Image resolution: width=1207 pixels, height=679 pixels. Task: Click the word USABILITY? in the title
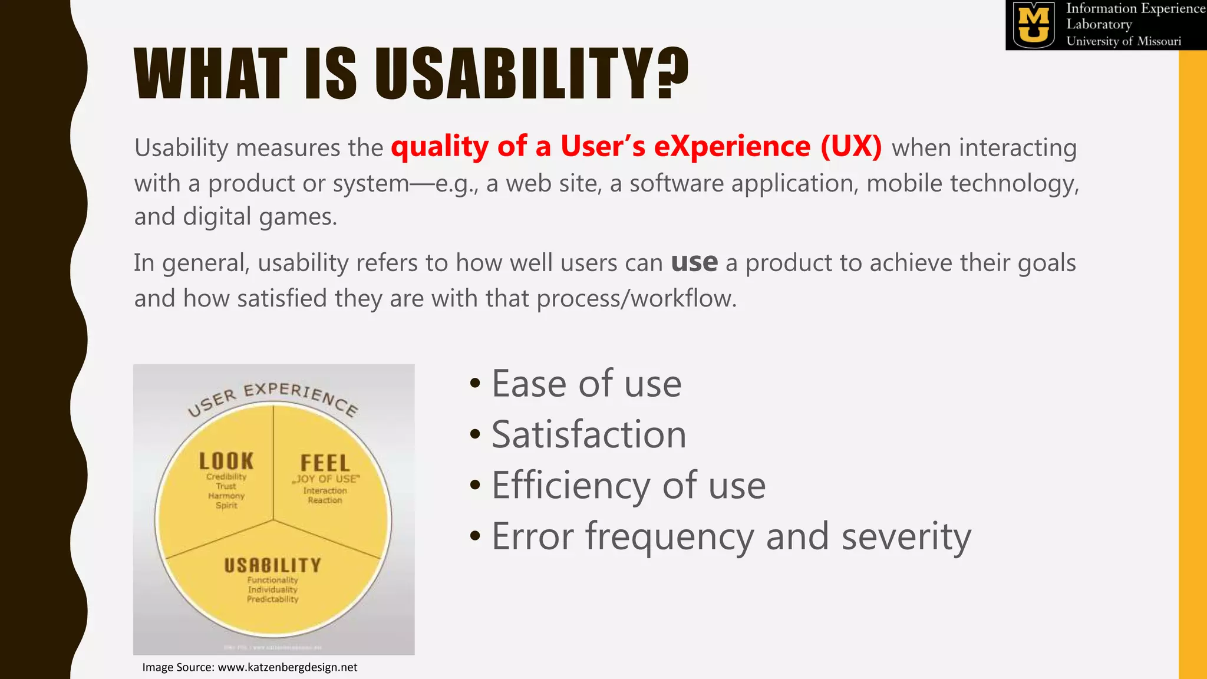tap(530, 74)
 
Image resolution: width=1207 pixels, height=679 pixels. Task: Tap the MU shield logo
tap(1034, 25)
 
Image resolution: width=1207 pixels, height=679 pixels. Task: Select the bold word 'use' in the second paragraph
tap(694, 262)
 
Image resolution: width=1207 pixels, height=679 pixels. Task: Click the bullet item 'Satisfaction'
tap(588, 434)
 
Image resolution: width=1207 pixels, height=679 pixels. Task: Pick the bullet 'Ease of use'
tap(586, 384)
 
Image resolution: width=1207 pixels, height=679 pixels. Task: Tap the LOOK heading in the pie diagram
tap(226, 461)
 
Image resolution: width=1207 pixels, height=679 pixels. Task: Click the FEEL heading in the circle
tap(325, 463)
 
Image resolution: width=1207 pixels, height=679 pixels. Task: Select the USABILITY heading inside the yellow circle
tap(272, 565)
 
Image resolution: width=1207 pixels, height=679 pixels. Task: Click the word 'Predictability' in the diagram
tap(272, 599)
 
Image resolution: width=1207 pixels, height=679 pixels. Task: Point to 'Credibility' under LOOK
tap(226, 476)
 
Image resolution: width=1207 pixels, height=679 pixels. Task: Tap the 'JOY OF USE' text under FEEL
tap(326, 479)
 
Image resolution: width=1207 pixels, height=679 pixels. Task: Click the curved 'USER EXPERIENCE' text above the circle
tap(272, 396)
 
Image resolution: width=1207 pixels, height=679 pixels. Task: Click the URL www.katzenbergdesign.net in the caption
tap(287, 667)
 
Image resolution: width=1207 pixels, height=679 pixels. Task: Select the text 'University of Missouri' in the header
tap(1123, 41)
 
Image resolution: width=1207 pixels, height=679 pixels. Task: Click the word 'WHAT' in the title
tap(210, 74)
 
